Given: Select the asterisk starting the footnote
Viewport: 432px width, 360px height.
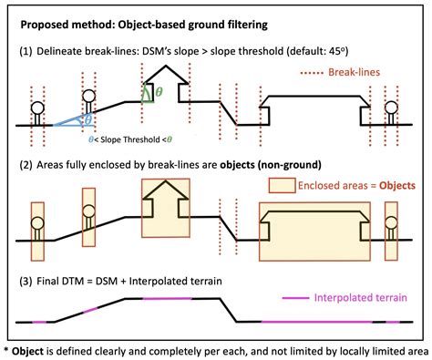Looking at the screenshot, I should tap(7, 349).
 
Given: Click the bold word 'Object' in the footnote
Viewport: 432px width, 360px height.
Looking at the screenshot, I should tap(35, 349).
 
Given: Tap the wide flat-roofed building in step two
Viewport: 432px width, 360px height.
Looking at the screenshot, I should tap(314, 226).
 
